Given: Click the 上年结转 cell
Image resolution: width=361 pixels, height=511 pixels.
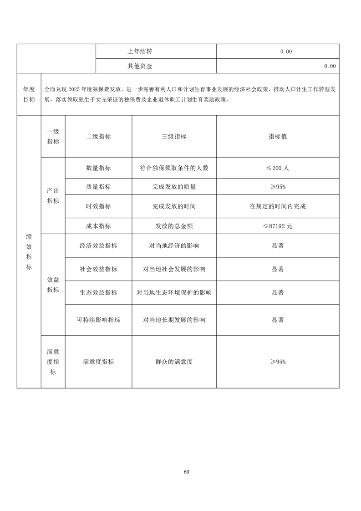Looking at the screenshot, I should (140, 51).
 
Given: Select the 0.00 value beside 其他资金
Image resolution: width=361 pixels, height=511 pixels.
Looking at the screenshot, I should (330, 66).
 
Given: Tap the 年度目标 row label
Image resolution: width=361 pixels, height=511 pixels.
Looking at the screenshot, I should (29, 94).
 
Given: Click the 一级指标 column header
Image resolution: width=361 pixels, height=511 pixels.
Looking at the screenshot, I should (53, 136).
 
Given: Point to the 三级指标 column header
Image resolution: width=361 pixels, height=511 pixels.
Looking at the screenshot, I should (174, 136).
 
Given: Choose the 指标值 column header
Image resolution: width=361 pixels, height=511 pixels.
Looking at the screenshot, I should (278, 136).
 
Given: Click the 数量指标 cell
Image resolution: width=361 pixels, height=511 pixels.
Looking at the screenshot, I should (98, 168).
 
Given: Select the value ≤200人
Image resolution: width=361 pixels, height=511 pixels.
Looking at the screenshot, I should (278, 168).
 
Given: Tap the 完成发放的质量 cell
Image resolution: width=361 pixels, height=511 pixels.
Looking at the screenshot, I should (174, 187).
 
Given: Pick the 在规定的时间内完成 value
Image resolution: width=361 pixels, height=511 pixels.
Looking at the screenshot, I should (278, 206).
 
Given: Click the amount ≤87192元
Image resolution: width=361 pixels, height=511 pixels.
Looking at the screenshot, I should (278, 226).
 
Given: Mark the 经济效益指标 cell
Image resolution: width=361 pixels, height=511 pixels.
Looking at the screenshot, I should (98, 245).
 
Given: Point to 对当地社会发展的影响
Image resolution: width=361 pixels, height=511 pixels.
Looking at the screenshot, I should (174, 269).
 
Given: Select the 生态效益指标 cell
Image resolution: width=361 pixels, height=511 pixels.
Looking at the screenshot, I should (98, 292).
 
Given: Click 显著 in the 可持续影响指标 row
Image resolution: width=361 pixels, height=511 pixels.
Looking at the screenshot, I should (278, 320).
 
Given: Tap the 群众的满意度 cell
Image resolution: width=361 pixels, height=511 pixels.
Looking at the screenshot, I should (174, 362).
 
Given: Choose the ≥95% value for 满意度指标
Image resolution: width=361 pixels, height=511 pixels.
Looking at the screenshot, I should (278, 362).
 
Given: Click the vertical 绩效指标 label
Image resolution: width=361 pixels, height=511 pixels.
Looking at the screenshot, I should (29, 252).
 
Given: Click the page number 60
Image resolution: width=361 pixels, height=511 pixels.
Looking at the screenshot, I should (186, 471).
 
